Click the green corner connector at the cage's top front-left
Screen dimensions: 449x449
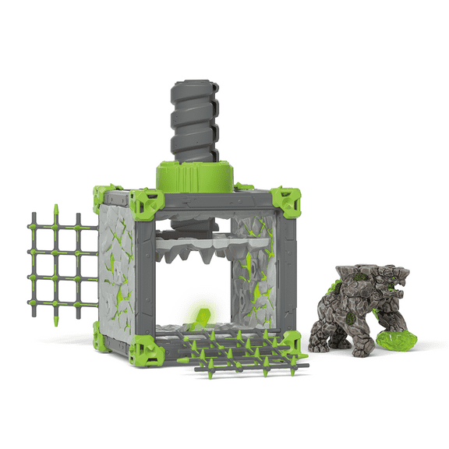tap(147, 203)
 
